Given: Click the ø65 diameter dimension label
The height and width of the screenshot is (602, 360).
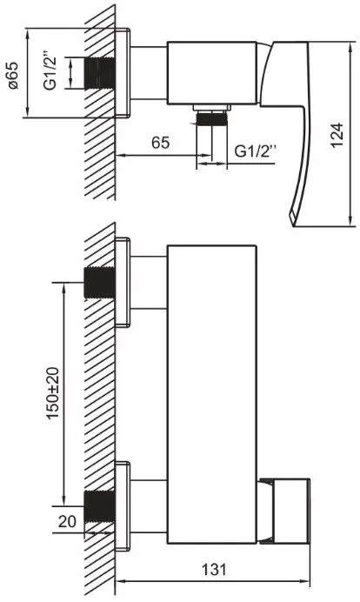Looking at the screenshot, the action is click(x=13, y=75).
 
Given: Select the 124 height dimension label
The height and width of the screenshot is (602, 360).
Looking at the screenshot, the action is click(x=337, y=135).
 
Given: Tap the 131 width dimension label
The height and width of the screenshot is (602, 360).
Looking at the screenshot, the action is click(x=214, y=569).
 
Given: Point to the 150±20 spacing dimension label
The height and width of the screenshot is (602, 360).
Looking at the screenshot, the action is click(x=53, y=392).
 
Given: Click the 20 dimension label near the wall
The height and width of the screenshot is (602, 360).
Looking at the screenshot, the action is click(x=67, y=521).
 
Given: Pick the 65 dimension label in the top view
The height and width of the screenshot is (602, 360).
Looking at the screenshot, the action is click(x=160, y=143).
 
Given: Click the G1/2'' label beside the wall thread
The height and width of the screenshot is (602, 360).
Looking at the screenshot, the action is click(x=50, y=73).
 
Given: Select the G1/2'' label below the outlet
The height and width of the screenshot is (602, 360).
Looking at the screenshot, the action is click(x=255, y=150).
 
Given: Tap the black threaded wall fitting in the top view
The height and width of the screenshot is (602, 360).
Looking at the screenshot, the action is click(x=99, y=73).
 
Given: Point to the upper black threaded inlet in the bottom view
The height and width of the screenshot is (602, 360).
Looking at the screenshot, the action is click(x=99, y=283).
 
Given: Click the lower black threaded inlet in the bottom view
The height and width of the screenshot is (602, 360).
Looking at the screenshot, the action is click(x=99, y=506).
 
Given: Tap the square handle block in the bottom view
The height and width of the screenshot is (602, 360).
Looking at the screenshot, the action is click(x=290, y=511).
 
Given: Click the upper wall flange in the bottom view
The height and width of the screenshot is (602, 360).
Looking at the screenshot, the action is click(x=123, y=282).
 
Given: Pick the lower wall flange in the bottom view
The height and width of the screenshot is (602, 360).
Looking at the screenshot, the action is click(x=123, y=506).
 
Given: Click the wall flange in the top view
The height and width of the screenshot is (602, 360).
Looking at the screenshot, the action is click(x=123, y=73).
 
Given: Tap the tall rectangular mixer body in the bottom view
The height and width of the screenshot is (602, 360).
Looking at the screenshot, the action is click(x=212, y=394).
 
